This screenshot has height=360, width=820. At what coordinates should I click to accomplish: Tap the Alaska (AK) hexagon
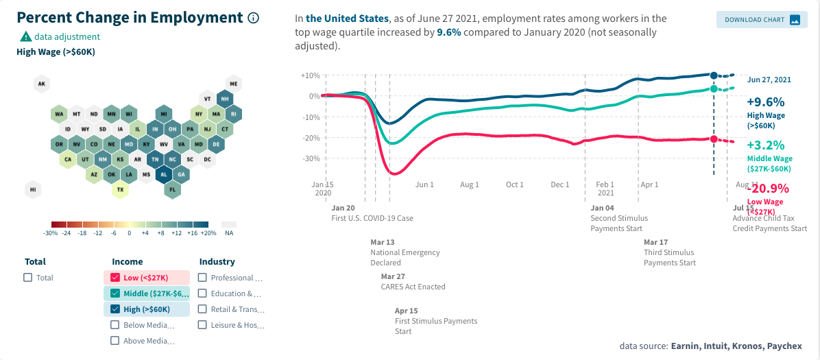click(41, 84)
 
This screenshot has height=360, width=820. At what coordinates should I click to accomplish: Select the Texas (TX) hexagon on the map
click(120, 190)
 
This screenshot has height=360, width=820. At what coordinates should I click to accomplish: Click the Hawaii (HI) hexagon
click(32, 190)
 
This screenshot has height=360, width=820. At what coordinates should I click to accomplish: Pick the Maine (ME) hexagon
click(234, 84)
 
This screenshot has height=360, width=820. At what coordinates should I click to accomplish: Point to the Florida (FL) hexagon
click(173, 190)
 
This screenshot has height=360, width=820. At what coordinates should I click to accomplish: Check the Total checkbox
click(28, 278)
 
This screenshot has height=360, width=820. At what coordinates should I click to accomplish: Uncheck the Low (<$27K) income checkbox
click(115, 278)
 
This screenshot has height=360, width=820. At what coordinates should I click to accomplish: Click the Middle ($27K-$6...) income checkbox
click(115, 293)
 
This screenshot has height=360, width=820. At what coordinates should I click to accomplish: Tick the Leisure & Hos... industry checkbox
click(203, 325)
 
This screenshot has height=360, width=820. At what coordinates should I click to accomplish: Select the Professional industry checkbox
click(203, 278)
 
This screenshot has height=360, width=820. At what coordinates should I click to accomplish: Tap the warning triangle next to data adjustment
click(25, 37)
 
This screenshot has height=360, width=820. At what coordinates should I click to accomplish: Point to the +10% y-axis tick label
click(311, 75)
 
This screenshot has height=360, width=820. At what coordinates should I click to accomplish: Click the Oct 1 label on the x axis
click(515, 185)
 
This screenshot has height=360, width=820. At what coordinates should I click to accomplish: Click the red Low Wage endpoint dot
click(714, 139)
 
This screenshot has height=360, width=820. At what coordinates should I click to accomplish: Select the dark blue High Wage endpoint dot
click(714, 75)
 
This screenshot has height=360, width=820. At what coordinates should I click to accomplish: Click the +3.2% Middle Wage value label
click(766, 145)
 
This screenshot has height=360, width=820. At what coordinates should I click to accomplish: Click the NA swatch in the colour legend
click(229, 224)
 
